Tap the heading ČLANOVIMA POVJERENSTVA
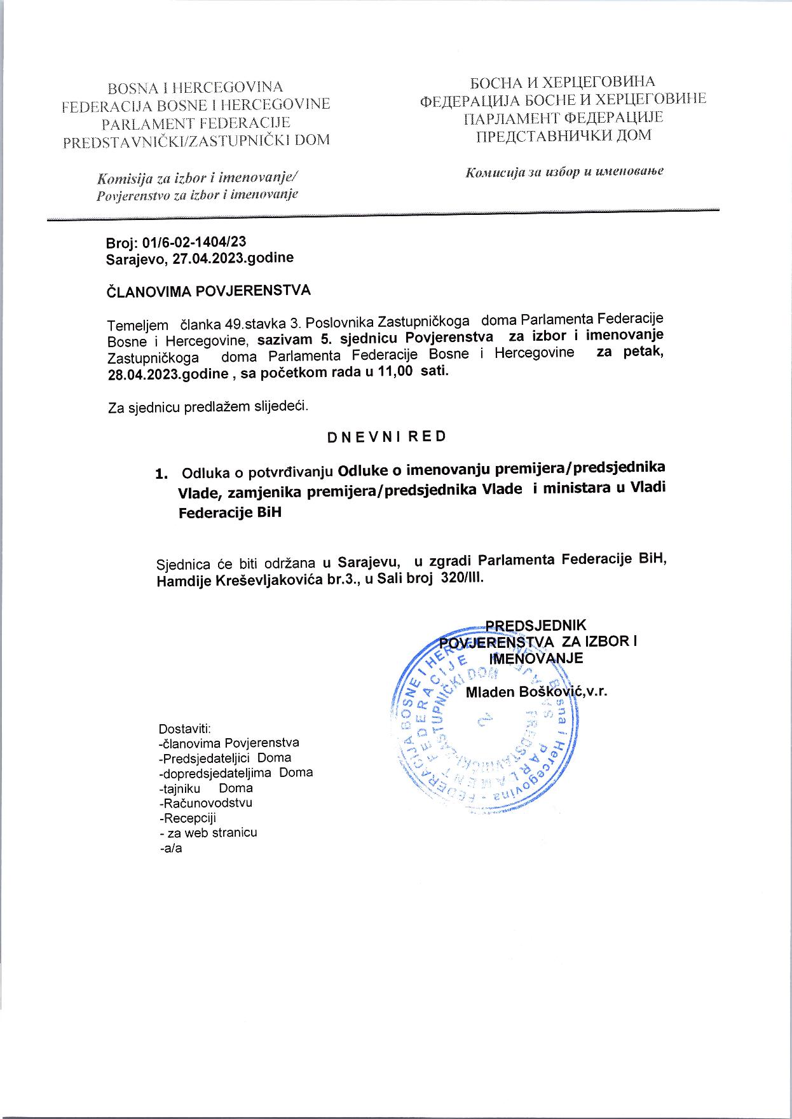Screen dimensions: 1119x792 [x=208, y=291]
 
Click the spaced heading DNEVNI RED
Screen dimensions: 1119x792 [x=386, y=437]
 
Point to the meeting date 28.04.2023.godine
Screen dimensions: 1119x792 [x=168, y=374]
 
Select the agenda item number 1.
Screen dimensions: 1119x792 [x=163, y=474]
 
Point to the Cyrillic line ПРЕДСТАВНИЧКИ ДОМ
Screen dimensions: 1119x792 [x=563, y=135]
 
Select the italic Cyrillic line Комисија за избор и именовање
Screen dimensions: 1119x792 [x=564, y=172]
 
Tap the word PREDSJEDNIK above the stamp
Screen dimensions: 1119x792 [x=536, y=625]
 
